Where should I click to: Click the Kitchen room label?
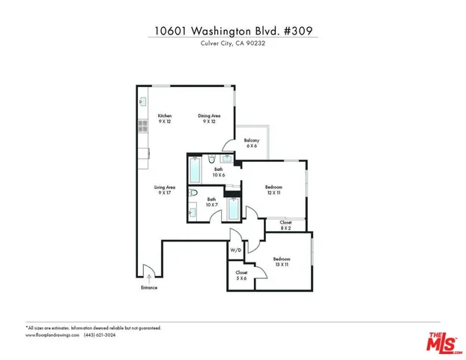(x=164, y=118)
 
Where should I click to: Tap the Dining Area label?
(x=209, y=118)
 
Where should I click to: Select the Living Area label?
(x=165, y=190)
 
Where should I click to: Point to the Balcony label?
(x=252, y=143)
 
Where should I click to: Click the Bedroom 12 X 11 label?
(x=274, y=190)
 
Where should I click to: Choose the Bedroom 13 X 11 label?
(x=281, y=261)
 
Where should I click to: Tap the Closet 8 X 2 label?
(x=285, y=225)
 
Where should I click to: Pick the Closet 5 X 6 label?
(x=241, y=275)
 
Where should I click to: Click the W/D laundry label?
(x=235, y=250)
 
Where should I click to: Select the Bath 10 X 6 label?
(x=218, y=172)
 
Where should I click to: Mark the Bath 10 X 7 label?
(x=212, y=202)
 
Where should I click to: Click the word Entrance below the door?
(x=149, y=288)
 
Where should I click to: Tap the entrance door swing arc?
(x=148, y=271)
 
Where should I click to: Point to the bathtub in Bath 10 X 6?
(x=194, y=171)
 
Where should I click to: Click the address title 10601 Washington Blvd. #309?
(x=233, y=31)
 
